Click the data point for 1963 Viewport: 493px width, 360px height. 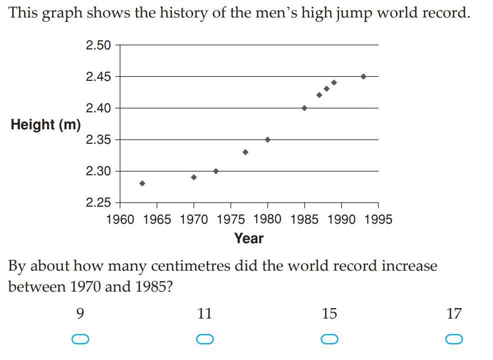pos(142,183)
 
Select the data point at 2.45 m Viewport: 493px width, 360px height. pos(363,76)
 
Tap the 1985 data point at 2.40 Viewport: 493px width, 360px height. pos(304,108)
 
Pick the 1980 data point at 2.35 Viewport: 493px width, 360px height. pos(268,139)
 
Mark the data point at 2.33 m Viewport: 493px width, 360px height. pos(245,152)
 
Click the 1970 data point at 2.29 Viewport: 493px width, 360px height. pos(194,177)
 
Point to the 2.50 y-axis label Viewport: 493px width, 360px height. pos(98,45)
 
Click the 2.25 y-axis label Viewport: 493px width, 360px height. pos(98,202)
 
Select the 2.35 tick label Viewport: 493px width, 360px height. pos(98,139)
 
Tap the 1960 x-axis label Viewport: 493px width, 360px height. pos(120,220)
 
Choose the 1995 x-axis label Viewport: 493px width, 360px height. pos(378,220)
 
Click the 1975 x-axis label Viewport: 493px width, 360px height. pos(231,220)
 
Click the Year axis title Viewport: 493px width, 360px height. pos(249,238)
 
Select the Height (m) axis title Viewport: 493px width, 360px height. pos(46,124)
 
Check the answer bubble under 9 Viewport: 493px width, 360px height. pos(80,339)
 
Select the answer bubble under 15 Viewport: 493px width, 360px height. pos(330,339)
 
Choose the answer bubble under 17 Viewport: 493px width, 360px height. pos(454,339)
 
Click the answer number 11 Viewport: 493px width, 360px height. pos(205,314)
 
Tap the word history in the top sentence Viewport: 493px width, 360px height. pos(186,12)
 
